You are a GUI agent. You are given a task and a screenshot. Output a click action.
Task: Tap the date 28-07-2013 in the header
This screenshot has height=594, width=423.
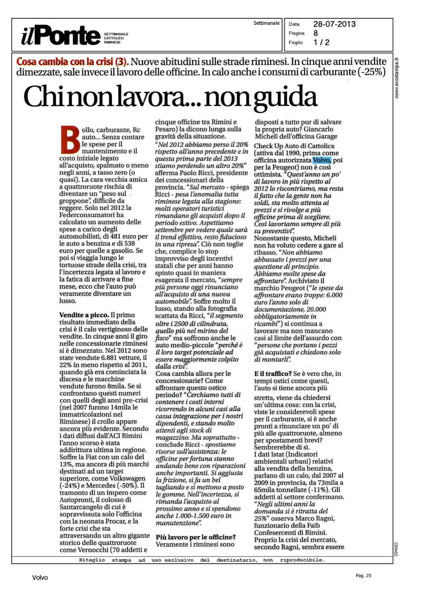[x=334, y=24]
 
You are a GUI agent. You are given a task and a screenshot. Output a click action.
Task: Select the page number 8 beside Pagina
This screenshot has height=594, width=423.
[x=316, y=33]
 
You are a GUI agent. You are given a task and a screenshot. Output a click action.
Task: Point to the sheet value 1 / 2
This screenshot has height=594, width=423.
[x=321, y=42]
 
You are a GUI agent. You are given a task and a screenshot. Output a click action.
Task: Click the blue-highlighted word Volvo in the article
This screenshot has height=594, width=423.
[x=322, y=160]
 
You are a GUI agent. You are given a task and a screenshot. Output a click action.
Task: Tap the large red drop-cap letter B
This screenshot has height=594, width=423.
[x=70, y=139]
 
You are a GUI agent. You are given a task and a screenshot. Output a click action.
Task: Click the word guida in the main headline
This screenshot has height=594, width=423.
[x=285, y=97]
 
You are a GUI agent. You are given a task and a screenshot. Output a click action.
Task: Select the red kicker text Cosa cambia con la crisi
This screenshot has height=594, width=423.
[x=72, y=62]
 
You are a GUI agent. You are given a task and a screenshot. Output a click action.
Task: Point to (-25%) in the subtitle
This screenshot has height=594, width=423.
[x=372, y=72]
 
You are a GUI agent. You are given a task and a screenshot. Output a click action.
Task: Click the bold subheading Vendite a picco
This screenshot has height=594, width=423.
[x=84, y=315]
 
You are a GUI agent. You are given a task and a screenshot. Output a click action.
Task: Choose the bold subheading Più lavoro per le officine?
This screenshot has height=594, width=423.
[x=195, y=537]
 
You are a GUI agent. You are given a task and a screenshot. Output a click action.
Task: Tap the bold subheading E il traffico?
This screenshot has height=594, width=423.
[x=273, y=374]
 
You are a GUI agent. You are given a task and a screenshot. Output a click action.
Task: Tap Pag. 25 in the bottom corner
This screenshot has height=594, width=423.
[x=363, y=576]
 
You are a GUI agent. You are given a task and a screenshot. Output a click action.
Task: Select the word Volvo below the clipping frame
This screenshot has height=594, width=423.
[x=40, y=578]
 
